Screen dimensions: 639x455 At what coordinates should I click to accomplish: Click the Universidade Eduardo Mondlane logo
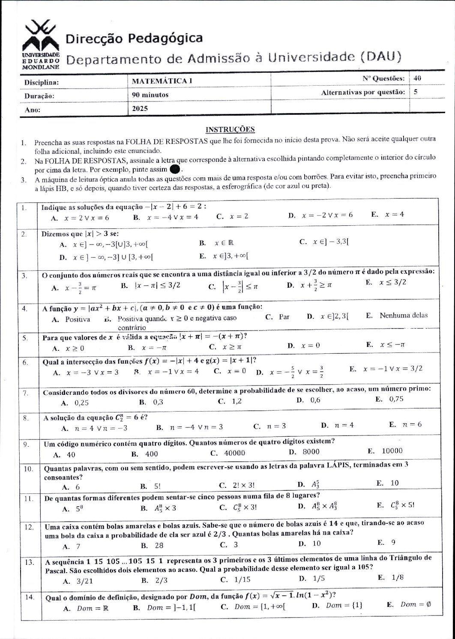click(x=40, y=45)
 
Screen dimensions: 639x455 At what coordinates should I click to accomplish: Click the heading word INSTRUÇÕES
click(x=230, y=129)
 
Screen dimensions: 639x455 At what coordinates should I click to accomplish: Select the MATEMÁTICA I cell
click(x=160, y=81)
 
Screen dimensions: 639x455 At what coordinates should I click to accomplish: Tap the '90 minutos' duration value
click(x=150, y=95)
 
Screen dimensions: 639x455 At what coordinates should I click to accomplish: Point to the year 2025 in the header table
click(x=140, y=108)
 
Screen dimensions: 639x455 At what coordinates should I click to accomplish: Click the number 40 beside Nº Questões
click(x=418, y=78)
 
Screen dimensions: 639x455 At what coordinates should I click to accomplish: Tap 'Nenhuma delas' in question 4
click(x=403, y=315)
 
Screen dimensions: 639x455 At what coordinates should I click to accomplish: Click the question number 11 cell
click(x=29, y=499)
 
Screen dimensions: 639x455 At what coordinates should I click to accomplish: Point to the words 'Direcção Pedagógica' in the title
click(x=134, y=39)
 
